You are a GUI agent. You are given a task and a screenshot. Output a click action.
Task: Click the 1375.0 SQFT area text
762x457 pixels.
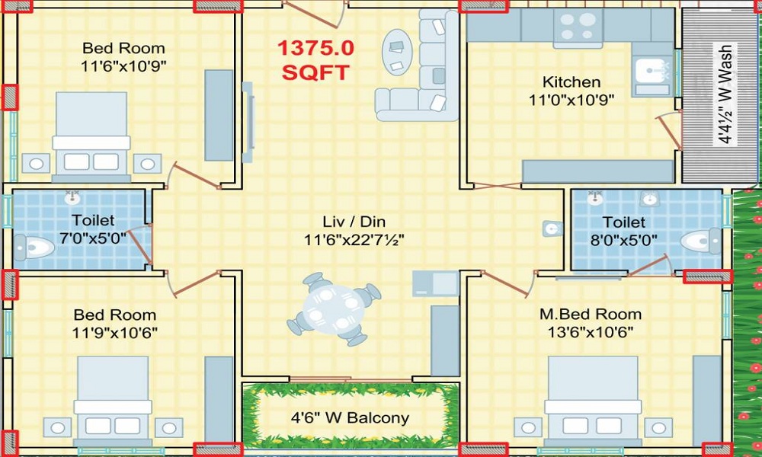315,61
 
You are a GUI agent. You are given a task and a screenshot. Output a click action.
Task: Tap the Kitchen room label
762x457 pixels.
571,81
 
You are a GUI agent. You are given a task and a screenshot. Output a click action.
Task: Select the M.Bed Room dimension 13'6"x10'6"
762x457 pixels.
591,332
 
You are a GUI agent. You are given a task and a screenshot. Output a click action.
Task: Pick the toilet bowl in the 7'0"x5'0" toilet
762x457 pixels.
34,248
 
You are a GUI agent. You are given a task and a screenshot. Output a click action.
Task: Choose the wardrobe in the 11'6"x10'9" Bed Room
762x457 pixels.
219,115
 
